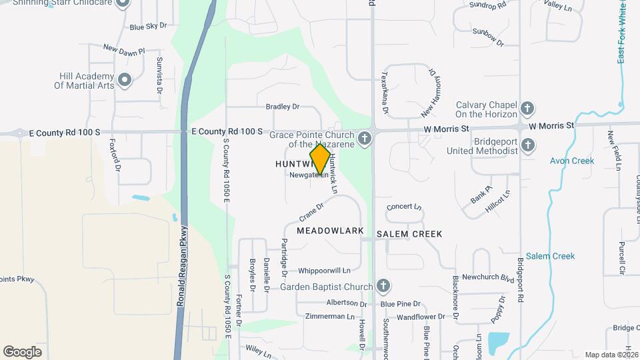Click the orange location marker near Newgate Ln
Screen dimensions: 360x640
tap(320, 160)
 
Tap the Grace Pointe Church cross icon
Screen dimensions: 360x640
tap(364, 139)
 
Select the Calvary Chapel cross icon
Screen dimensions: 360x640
tap(527, 108)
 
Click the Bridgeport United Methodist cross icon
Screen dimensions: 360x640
tap(528, 145)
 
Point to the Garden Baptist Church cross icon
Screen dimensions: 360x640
tap(383, 287)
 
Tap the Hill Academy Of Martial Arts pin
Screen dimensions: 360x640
tap(125, 81)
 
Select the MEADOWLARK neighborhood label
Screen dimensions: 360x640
tap(330, 231)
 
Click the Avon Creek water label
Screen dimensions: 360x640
tap(573, 161)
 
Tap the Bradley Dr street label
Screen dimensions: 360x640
tap(283, 107)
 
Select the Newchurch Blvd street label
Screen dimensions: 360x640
tap(489, 277)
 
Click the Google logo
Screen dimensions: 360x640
tap(22, 352)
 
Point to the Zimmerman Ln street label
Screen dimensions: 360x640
tap(328, 316)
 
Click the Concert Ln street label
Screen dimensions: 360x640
tap(405, 207)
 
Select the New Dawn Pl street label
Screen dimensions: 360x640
tap(124, 49)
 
